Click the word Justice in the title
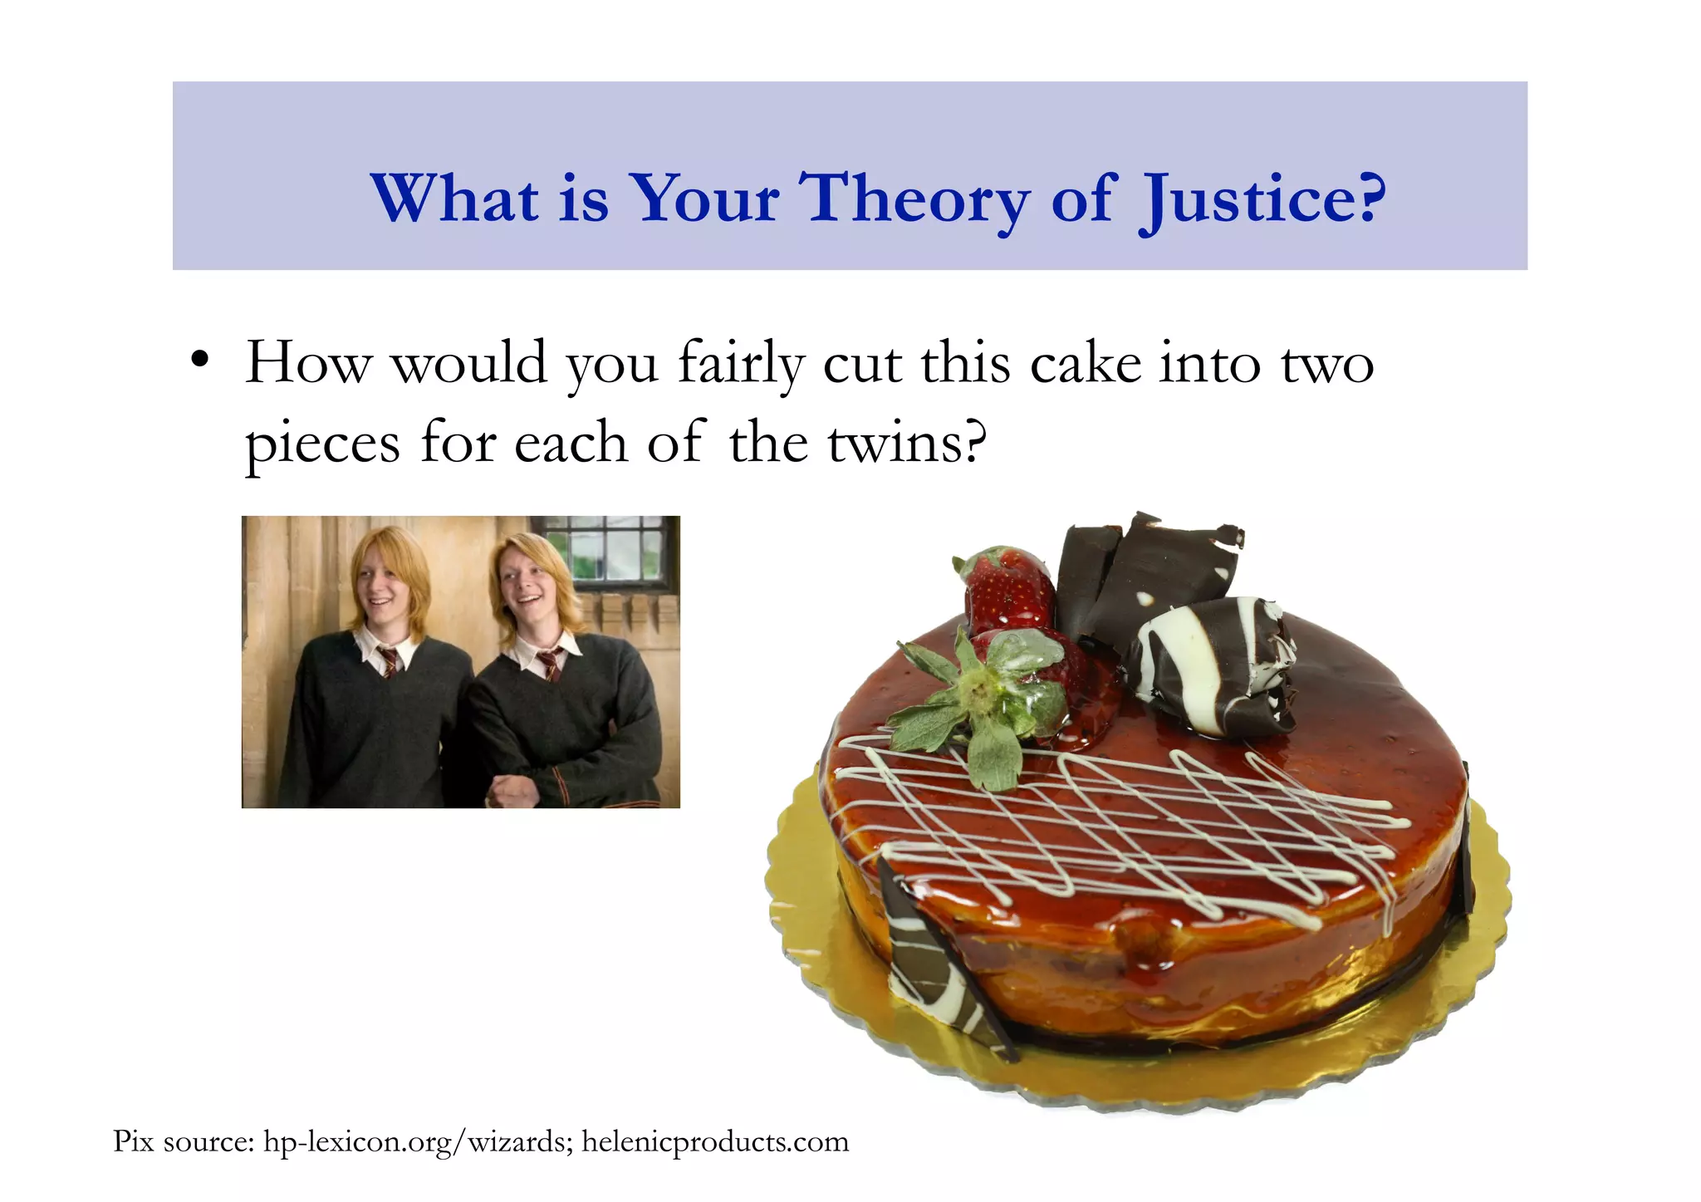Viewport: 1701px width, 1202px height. click(1262, 199)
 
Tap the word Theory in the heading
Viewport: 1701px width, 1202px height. click(914, 199)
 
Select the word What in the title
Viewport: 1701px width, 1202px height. click(455, 199)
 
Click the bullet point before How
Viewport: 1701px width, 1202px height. click(199, 362)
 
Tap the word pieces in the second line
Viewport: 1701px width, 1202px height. click(322, 444)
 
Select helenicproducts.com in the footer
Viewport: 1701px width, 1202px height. click(714, 1141)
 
